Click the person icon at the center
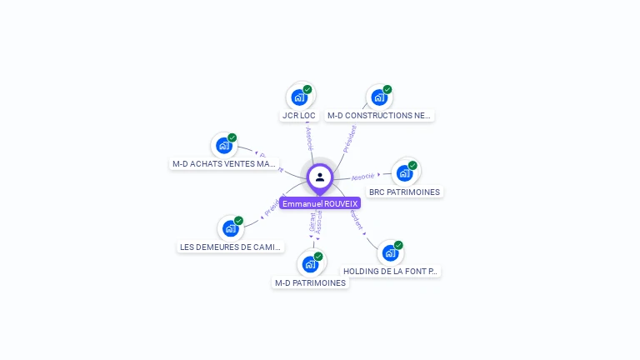click(x=320, y=177)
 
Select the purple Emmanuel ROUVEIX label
click(x=320, y=203)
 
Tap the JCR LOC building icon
click(x=299, y=97)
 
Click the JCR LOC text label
click(x=299, y=116)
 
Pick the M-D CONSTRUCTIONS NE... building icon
click(x=379, y=97)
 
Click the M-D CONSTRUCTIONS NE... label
click(x=379, y=116)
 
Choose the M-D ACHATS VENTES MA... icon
click(x=223, y=146)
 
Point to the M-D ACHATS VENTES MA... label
click(x=223, y=164)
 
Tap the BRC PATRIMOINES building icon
click(x=404, y=173)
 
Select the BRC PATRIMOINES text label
click(x=405, y=192)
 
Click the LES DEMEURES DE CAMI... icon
click(x=230, y=229)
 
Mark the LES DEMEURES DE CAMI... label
click(x=231, y=247)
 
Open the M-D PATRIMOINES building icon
click(x=310, y=264)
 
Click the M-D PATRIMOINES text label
click(x=310, y=282)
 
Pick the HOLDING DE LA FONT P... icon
click(x=390, y=253)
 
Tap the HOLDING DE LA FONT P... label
click(x=391, y=271)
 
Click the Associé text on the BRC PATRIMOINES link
click(x=362, y=177)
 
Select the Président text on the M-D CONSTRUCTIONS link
click(x=350, y=137)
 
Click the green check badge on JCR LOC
click(x=307, y=90)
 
